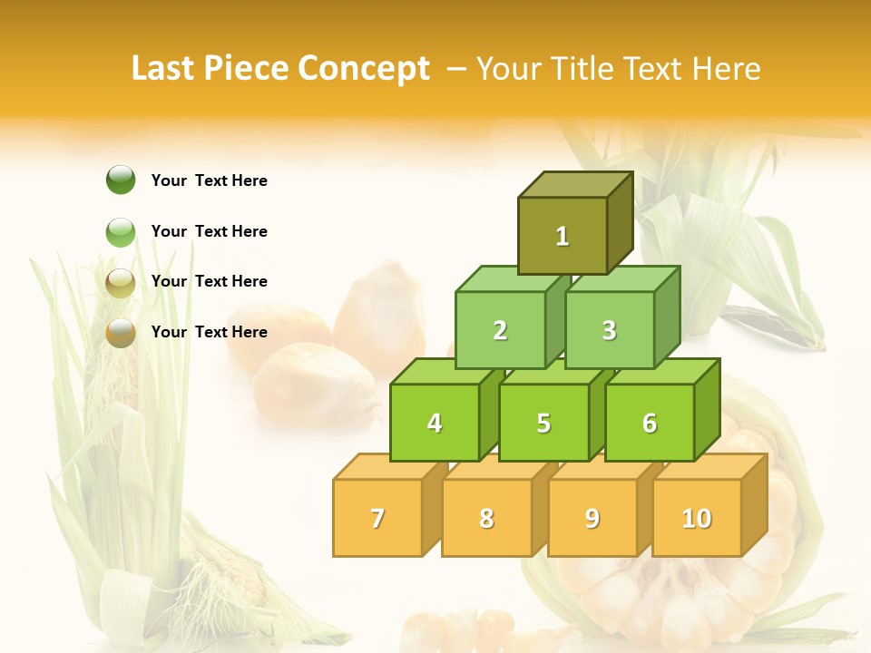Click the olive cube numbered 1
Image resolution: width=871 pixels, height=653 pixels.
click(563, 236)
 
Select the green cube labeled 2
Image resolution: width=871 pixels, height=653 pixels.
click(500, 330)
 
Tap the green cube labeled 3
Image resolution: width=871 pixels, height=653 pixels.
click(609, 330)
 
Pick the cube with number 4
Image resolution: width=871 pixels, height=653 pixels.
click(435, 423)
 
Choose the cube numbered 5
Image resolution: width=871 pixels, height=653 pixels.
click(543, 423)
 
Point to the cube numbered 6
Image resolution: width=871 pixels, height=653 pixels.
click(650, 423)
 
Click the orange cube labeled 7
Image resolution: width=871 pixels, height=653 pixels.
click(377, 518)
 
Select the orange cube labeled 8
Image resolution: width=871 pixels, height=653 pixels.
click(486, 518)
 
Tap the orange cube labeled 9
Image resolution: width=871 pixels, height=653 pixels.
click(592, 518)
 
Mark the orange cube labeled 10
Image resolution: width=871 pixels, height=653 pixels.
click(697, 518)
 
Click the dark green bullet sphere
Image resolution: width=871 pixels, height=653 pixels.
click(121, 180)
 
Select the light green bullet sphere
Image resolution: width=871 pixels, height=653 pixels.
click(121, 232)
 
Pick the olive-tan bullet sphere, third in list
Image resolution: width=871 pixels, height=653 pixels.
click(121, 283)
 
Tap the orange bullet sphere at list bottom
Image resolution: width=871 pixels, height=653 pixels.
click(121, 333)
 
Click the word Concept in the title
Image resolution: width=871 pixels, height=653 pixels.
click(364, 69)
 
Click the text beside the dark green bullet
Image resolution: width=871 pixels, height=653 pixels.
click(210, 180)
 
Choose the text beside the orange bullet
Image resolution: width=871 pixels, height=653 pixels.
click(210, 332)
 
